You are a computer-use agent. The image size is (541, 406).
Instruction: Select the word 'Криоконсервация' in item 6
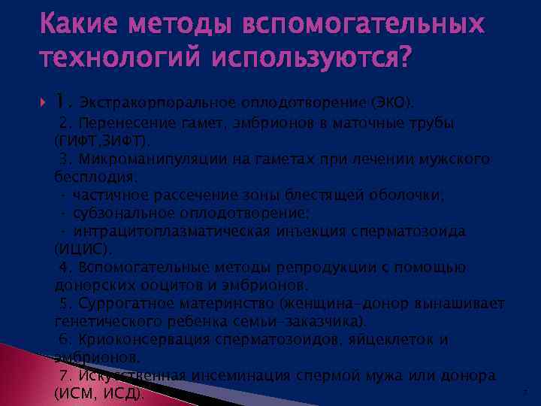pyautogui.click(x=133, y=340)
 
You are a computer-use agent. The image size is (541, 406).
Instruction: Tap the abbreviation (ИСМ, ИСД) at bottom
pyautogui.click(x=101, y=392)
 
